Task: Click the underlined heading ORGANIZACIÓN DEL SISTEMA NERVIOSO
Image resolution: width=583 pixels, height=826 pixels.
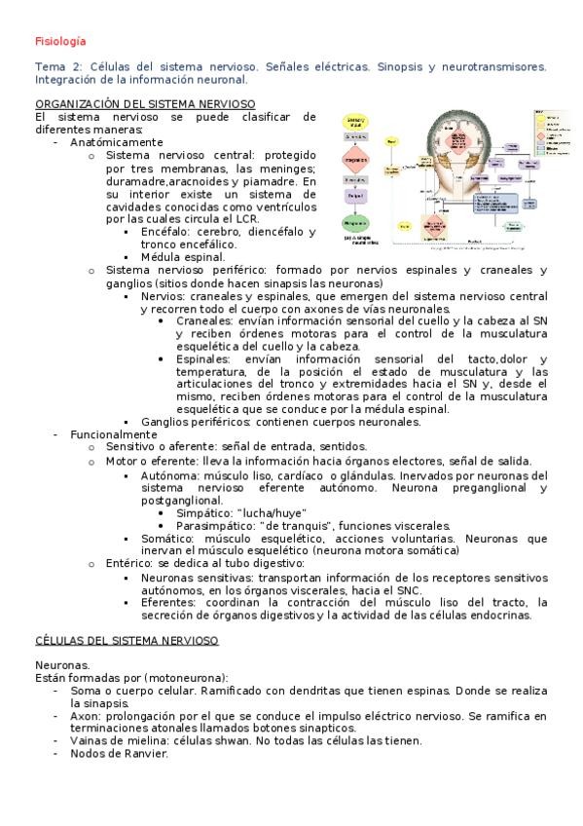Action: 145,103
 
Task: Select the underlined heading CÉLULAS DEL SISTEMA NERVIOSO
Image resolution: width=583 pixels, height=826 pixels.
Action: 127,639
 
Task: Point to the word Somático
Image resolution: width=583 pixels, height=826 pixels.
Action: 164,538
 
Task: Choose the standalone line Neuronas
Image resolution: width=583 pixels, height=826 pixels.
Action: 61,664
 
